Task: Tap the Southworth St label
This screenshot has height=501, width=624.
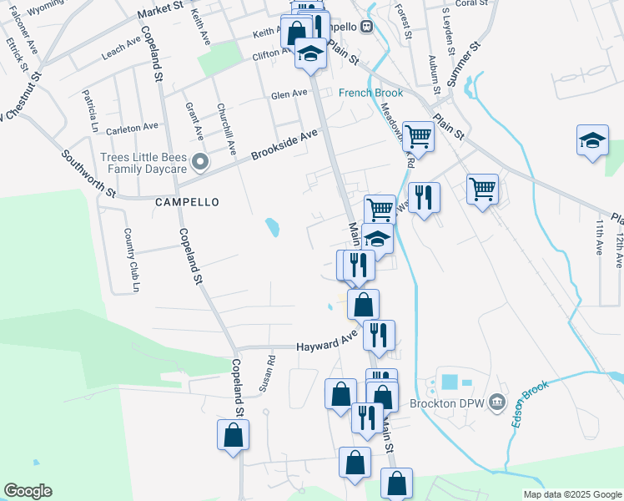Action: pos(88,173)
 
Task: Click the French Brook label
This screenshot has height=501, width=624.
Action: pos(370,93)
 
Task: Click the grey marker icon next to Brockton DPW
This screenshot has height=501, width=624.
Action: pos(498,402)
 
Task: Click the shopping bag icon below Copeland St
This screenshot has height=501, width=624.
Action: pos(233,435)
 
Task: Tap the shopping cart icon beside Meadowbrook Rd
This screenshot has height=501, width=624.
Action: pos(417,136)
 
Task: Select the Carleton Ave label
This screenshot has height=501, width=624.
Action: pos(138,128)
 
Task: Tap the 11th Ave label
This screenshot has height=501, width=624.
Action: pos(599,238)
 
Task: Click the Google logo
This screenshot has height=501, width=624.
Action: pos(28,491)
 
